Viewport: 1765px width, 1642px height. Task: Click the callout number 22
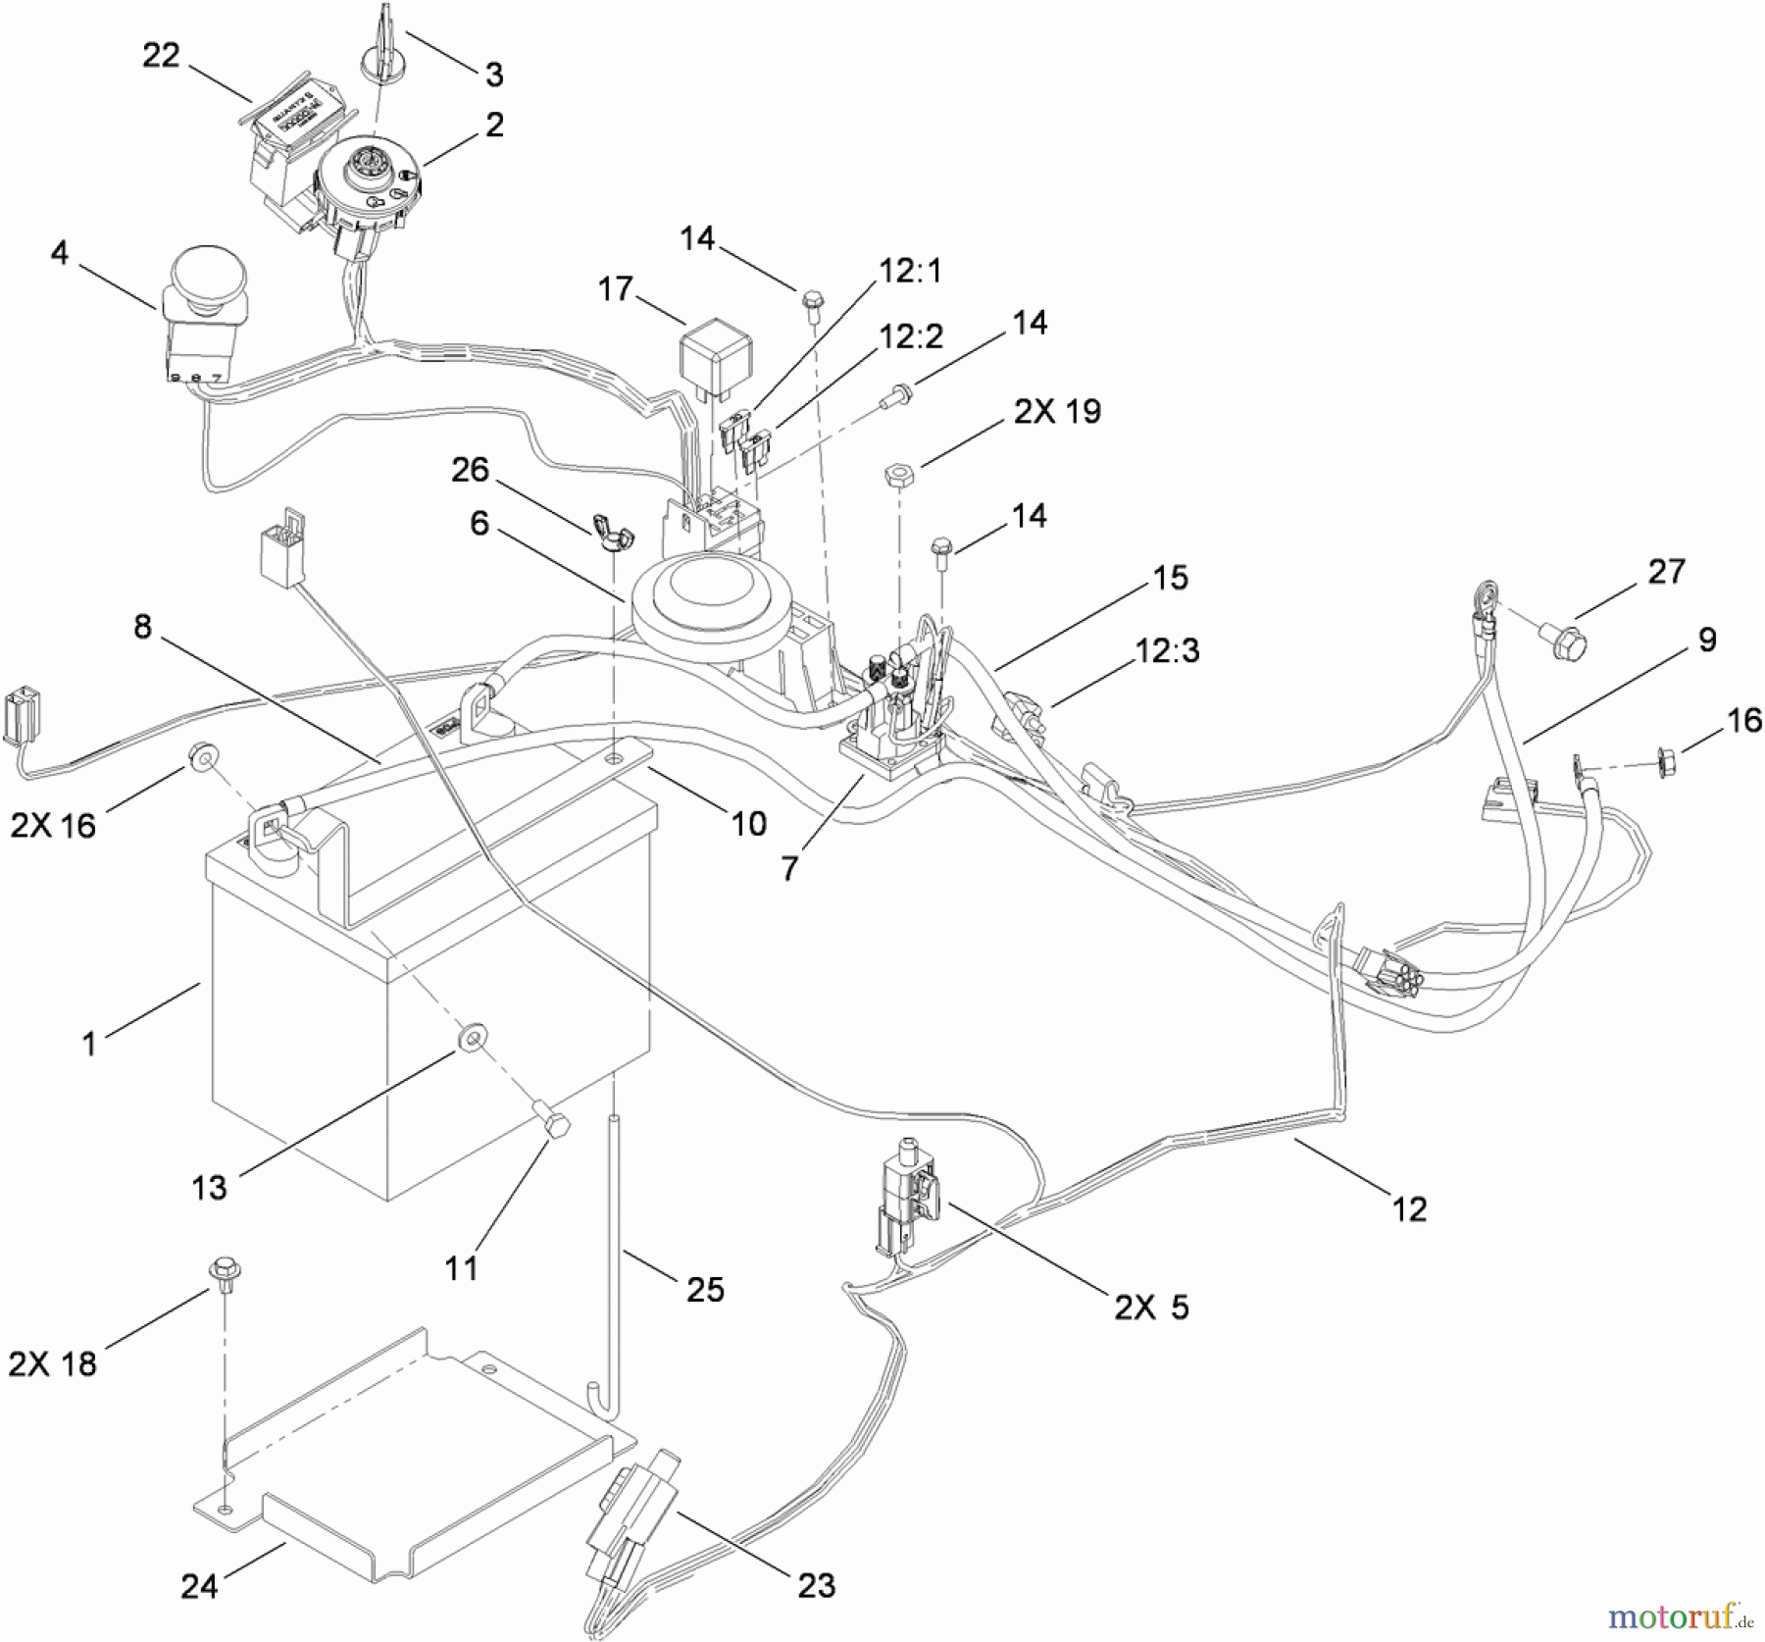click(161, 57)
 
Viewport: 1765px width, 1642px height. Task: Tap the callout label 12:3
click(1167, 650)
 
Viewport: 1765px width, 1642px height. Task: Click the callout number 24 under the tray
click(199, 1585)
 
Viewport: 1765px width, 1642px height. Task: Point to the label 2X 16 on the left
click(53, 825)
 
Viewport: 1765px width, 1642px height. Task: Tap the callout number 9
click(1707, 641)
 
